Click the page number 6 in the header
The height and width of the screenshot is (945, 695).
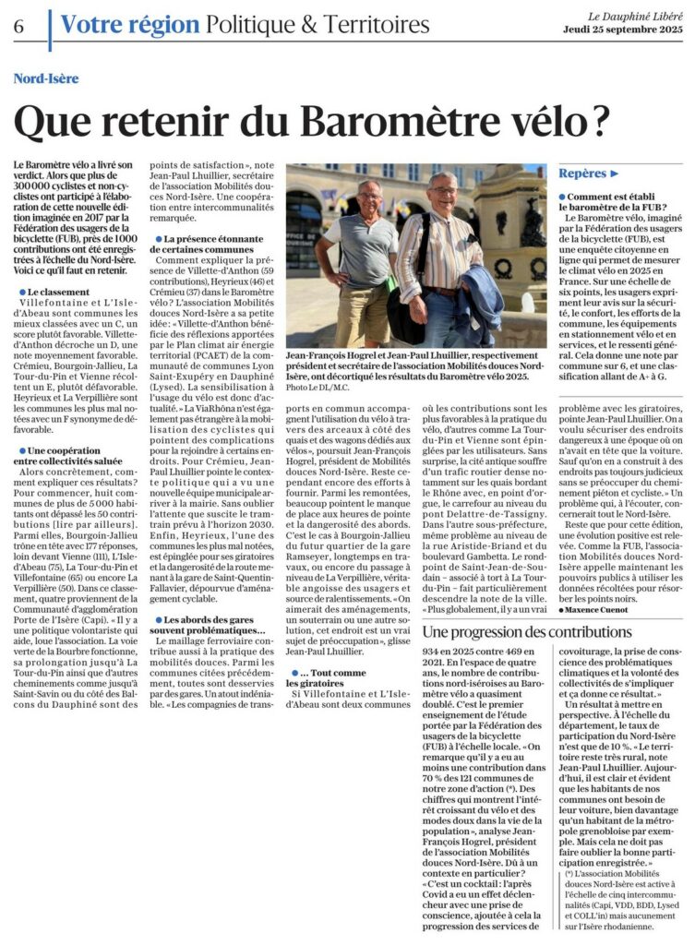point(18,26)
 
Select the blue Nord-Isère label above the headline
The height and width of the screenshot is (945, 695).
point(46,78)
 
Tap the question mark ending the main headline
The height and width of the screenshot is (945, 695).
point(600,119)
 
